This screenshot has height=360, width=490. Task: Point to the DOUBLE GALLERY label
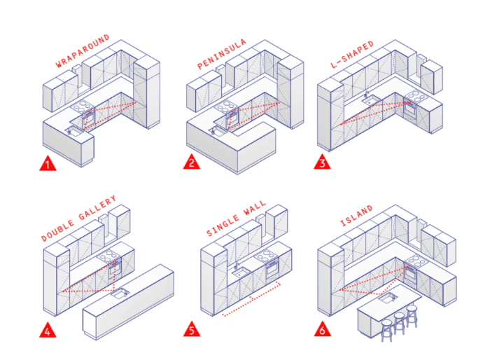(78, 219)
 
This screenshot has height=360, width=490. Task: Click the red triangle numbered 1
(47, 164)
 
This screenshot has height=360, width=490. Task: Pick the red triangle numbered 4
(47, 329)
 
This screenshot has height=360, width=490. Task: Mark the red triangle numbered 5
(190, 329)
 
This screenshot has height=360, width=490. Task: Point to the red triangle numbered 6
(321, 329)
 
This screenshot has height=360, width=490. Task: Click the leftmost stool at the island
(386, 329)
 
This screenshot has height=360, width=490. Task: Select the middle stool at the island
(400, 324)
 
